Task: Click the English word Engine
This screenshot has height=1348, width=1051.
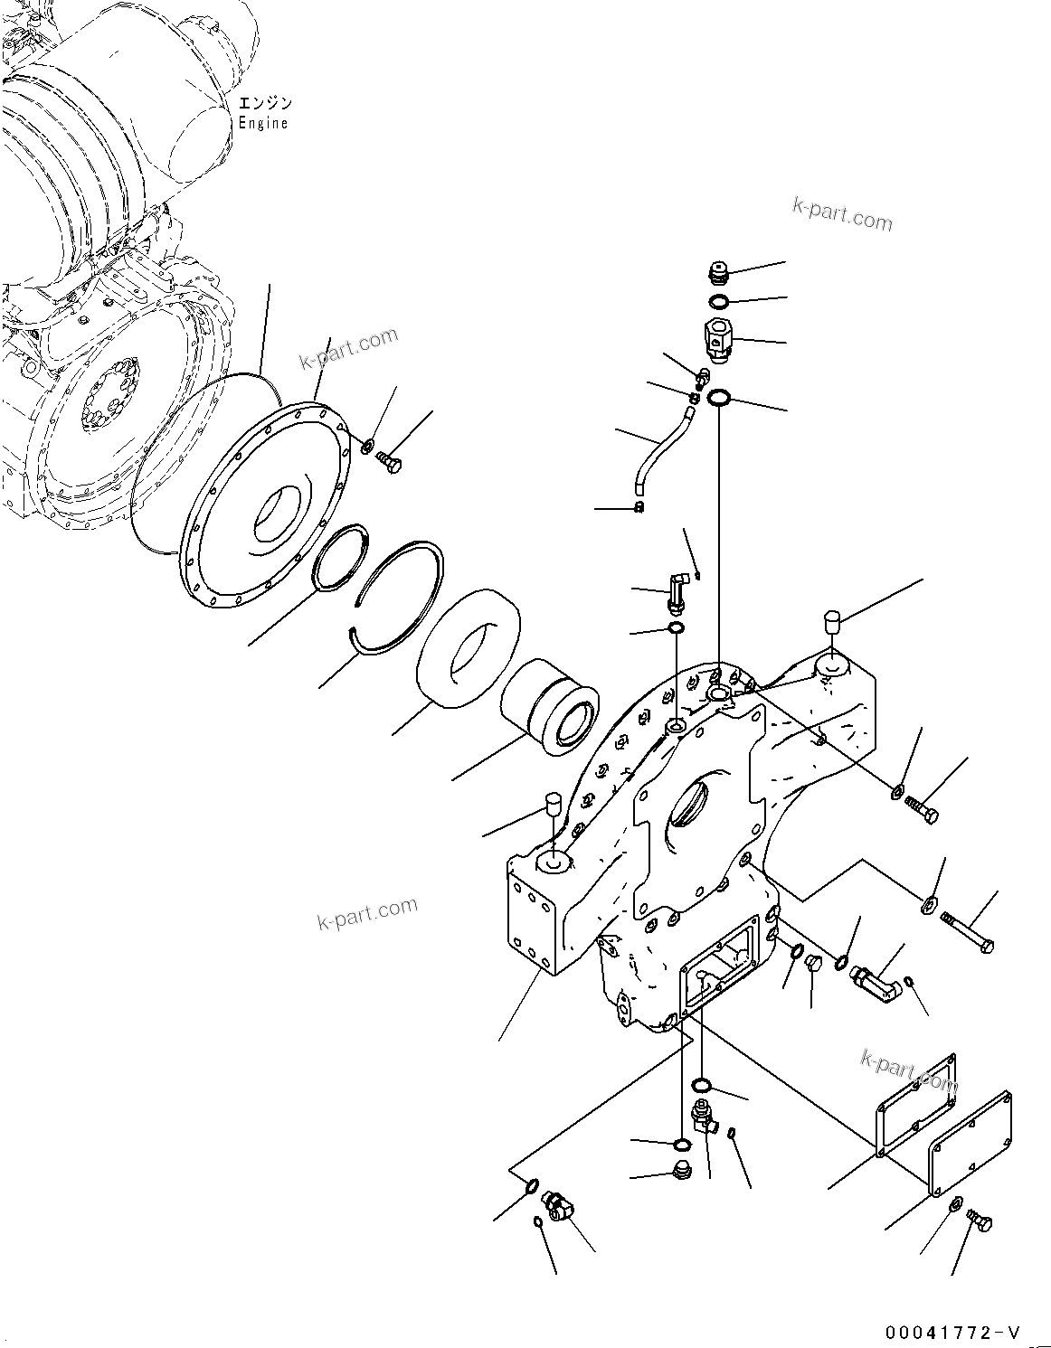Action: [x=263, y=124]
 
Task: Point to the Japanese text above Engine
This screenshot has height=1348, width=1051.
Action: [x=263, y=104]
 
